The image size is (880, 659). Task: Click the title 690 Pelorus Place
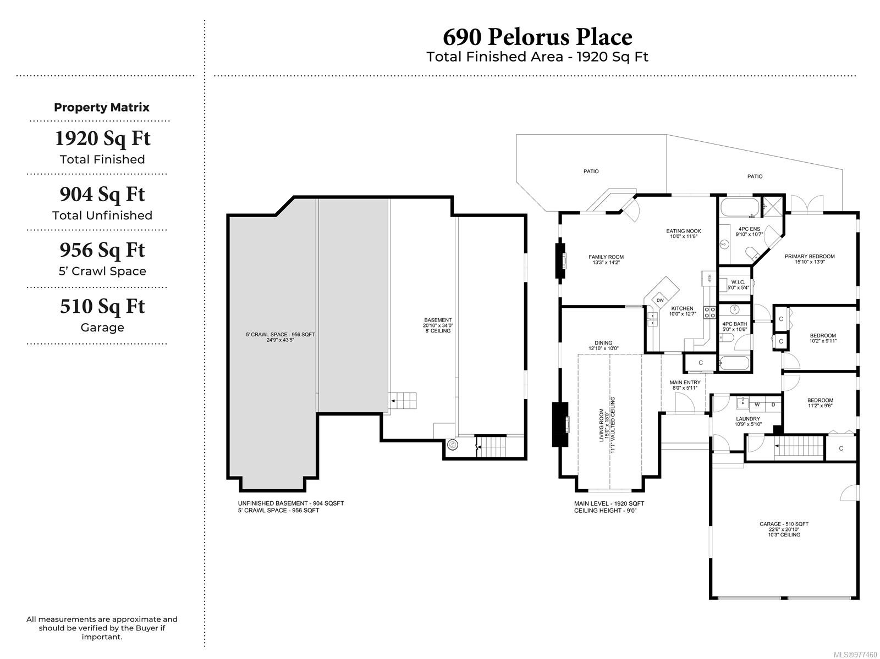pos(537,37)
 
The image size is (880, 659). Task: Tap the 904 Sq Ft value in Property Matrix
pos(102,195)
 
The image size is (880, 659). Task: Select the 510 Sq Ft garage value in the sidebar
pos(102,307)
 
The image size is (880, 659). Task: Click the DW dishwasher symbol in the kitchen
pos(660,300)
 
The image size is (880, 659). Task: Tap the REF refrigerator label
pos(709,278)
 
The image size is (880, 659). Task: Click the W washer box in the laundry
pos(757,405)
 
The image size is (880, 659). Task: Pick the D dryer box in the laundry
pos(773,405)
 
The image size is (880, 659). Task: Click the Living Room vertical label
pos(607,425)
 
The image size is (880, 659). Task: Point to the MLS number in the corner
pos(855,655)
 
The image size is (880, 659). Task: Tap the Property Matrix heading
pos(101,107)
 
